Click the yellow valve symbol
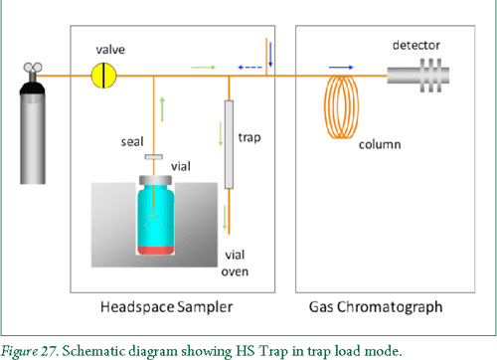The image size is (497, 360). pyautogui.click(x=104, y=74)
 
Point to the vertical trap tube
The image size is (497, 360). pyautogui.click(x=230, y=145)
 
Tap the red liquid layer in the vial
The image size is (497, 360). pyautogui.click(x=157, y=246)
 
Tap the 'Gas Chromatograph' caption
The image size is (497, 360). pyautogui.click(x=380, y=305)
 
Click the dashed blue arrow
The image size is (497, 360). pyautogui.click(x=249, y=68)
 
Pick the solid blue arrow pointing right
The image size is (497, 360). pyautogui.click(x=341, y=67)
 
